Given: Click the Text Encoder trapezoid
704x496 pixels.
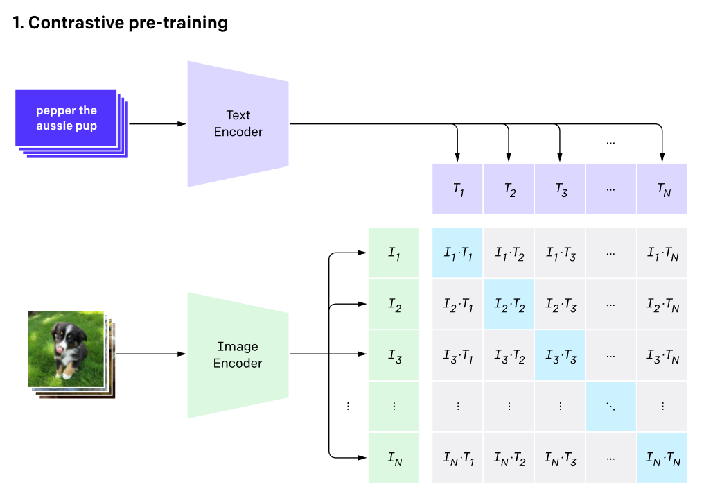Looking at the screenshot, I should coord(238,123).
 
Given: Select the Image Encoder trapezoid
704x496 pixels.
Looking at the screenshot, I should coord(238,355).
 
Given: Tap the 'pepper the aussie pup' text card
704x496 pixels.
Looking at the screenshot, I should coord(67,119).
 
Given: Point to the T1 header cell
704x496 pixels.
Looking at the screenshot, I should coord(457,189).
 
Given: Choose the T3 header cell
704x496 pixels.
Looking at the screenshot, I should coord(560,189).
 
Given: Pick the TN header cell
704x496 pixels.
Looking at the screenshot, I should coord(662,189).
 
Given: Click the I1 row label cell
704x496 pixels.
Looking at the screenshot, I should coord(394,254).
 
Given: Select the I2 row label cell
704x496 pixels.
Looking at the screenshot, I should coord(394,305).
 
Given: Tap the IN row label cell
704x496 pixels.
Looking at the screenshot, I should coord(394,458).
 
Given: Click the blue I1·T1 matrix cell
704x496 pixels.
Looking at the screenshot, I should coord(457,254).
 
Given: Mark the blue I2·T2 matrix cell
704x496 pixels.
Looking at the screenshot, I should coord(509,305).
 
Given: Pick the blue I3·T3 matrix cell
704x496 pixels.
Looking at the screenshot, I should coord(560,356).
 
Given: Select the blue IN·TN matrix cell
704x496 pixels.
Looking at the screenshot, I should coord(662,458).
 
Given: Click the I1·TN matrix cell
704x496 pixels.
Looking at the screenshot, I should coord(662,254).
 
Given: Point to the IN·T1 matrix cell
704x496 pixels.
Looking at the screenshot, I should coord(457,458).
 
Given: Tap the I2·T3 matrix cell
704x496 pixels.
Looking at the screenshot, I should coord(560,305).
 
